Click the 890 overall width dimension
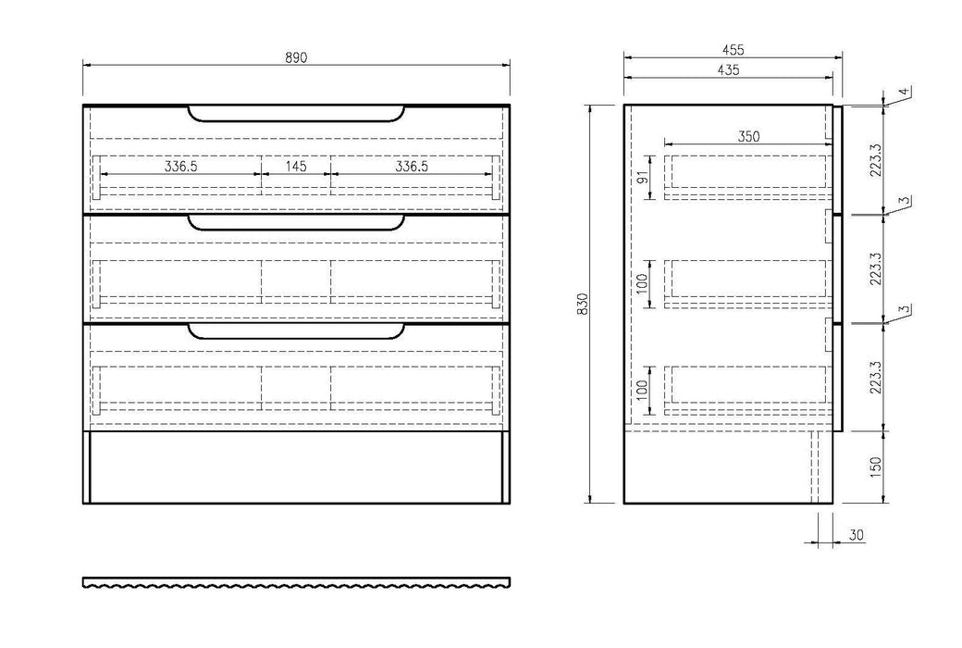coord(296,57)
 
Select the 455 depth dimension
coord(732,50)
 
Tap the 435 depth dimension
coord(728,70)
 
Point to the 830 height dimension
coord(583,304)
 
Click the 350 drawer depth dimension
coord(748,136)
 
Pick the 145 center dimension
coord(296,167)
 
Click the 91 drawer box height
coord(642,178)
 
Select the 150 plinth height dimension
coord(875,467)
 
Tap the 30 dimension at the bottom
coord(857,535)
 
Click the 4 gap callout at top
coord(903,93)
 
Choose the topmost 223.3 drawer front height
coord(875,160)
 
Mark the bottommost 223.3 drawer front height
coord(875,377)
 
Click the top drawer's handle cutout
coord(296,114)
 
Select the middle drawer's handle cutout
coord(296,223)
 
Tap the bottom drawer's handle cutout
coord(296,331)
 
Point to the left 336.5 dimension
coord(181,167)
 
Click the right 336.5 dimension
coord(411,167)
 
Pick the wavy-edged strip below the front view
coord(296,582)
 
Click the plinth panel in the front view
coord(296,467)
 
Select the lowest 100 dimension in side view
coord(642,390)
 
